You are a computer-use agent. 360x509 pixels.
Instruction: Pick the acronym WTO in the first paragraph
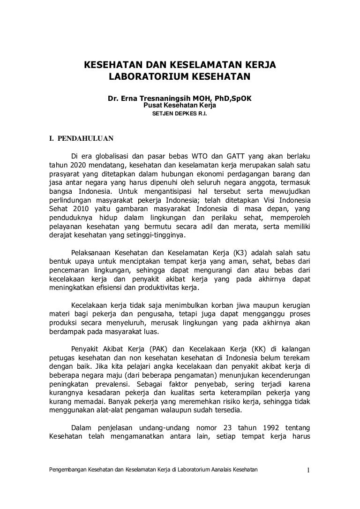pos(198,156)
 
